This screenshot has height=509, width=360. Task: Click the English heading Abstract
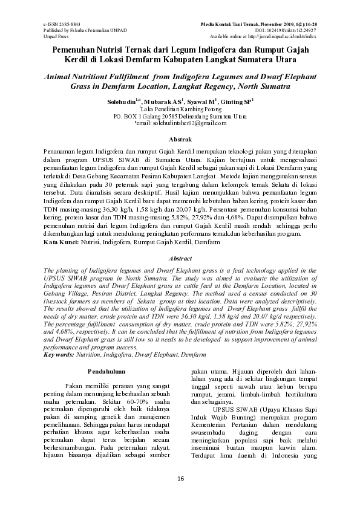180,258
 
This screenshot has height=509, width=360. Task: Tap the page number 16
180,479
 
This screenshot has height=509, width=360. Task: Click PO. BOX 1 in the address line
130,115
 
